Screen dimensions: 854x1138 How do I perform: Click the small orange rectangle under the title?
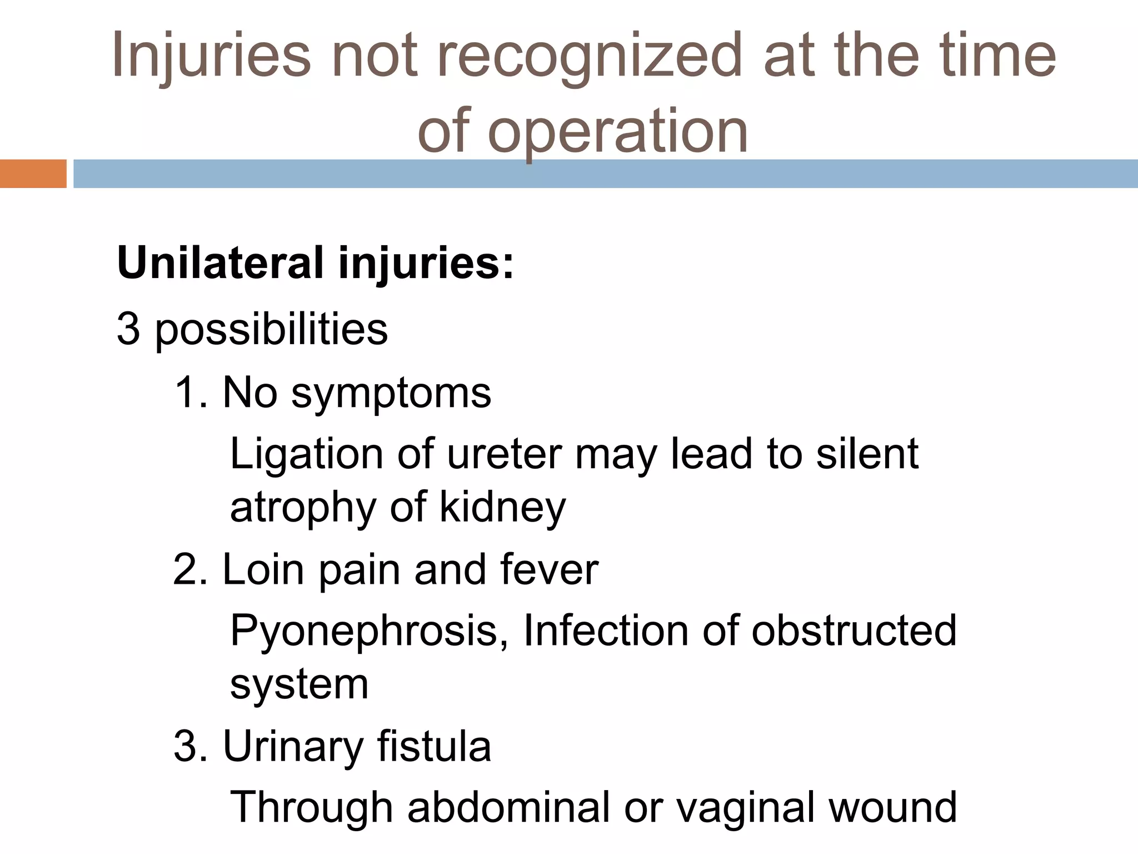click(x=33, y=173)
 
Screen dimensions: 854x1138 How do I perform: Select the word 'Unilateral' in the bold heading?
click(x=220, y=263)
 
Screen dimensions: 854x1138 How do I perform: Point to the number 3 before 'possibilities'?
click(x=128, y=329)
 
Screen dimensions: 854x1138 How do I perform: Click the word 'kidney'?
click(x=503, y=508)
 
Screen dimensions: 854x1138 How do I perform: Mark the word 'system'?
click(x=299, y=684)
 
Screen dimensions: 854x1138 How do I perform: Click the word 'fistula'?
click(x=434, y=746)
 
